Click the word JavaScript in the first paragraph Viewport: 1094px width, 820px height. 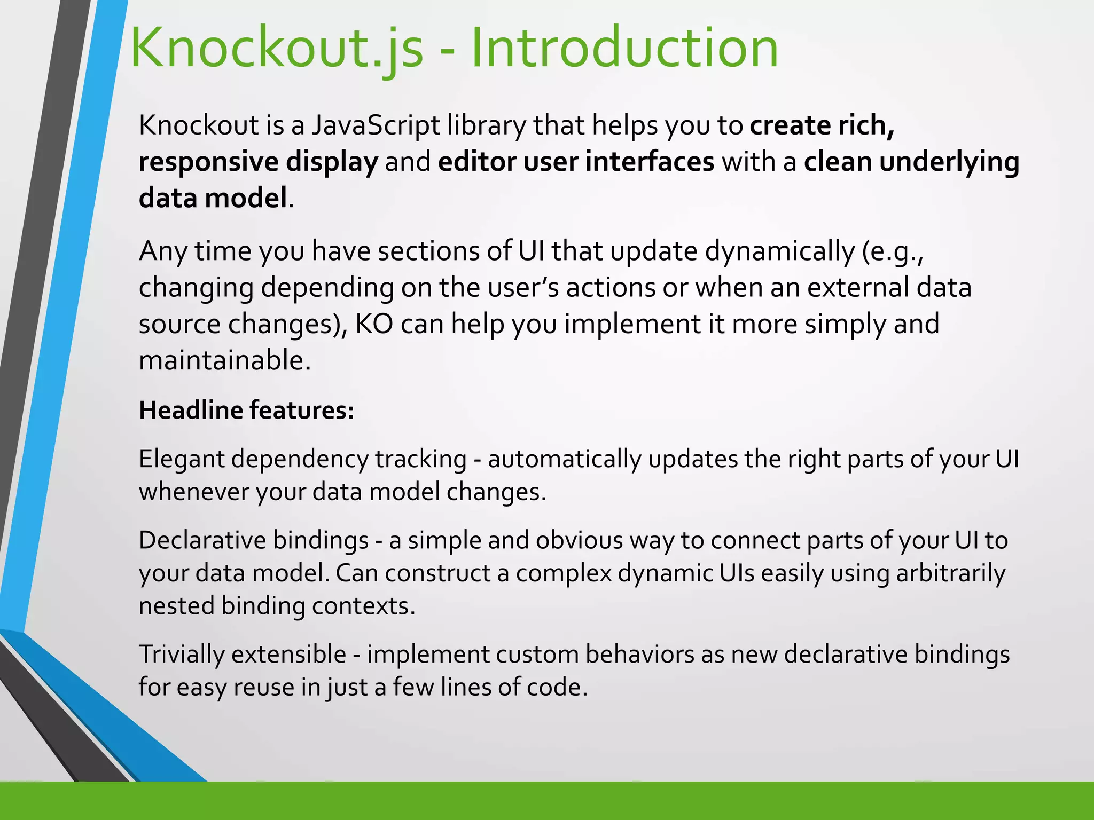tap(376, 125)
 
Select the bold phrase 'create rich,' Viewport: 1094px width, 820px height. tap(822, 125)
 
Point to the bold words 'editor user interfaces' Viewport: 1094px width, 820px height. tap(576, 162)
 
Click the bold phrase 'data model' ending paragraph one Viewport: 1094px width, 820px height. tap(213, 198)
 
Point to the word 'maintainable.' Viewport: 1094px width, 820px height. tap(224, 360)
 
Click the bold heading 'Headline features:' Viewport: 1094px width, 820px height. tap(246, 411)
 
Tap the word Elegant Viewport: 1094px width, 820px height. tap(182, 460)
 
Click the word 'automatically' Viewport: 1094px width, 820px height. tap(564, 460)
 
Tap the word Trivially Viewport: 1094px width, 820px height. tap(182, 655)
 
